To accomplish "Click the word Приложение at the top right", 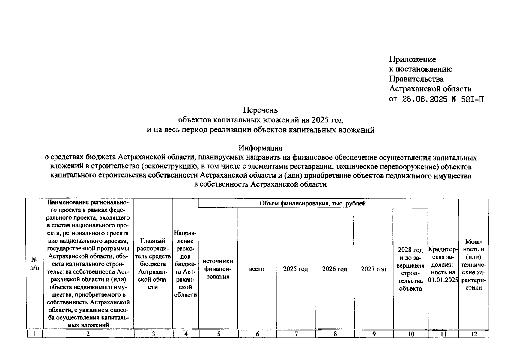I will coord(412,59).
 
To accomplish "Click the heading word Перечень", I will coord(260,110).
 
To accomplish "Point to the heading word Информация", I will coord(260,148).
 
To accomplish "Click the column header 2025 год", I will coord(295,269).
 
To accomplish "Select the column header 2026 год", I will coord(334,269).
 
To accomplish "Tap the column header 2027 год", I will coord(373,269).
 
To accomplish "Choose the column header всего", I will coord(257,269).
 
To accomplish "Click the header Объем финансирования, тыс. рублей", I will coord(312,203).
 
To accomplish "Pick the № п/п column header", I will coord(35,264).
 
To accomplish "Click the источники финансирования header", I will coord(218,269).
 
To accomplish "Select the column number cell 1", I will coord(35,334).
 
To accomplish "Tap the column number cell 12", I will coord(474,334).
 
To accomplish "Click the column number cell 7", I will coord(296,334).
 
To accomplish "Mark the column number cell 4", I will coord(186,334).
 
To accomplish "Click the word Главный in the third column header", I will coord(153,241).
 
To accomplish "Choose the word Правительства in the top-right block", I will coord(416,79).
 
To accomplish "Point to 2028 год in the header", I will coord(410,250).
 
